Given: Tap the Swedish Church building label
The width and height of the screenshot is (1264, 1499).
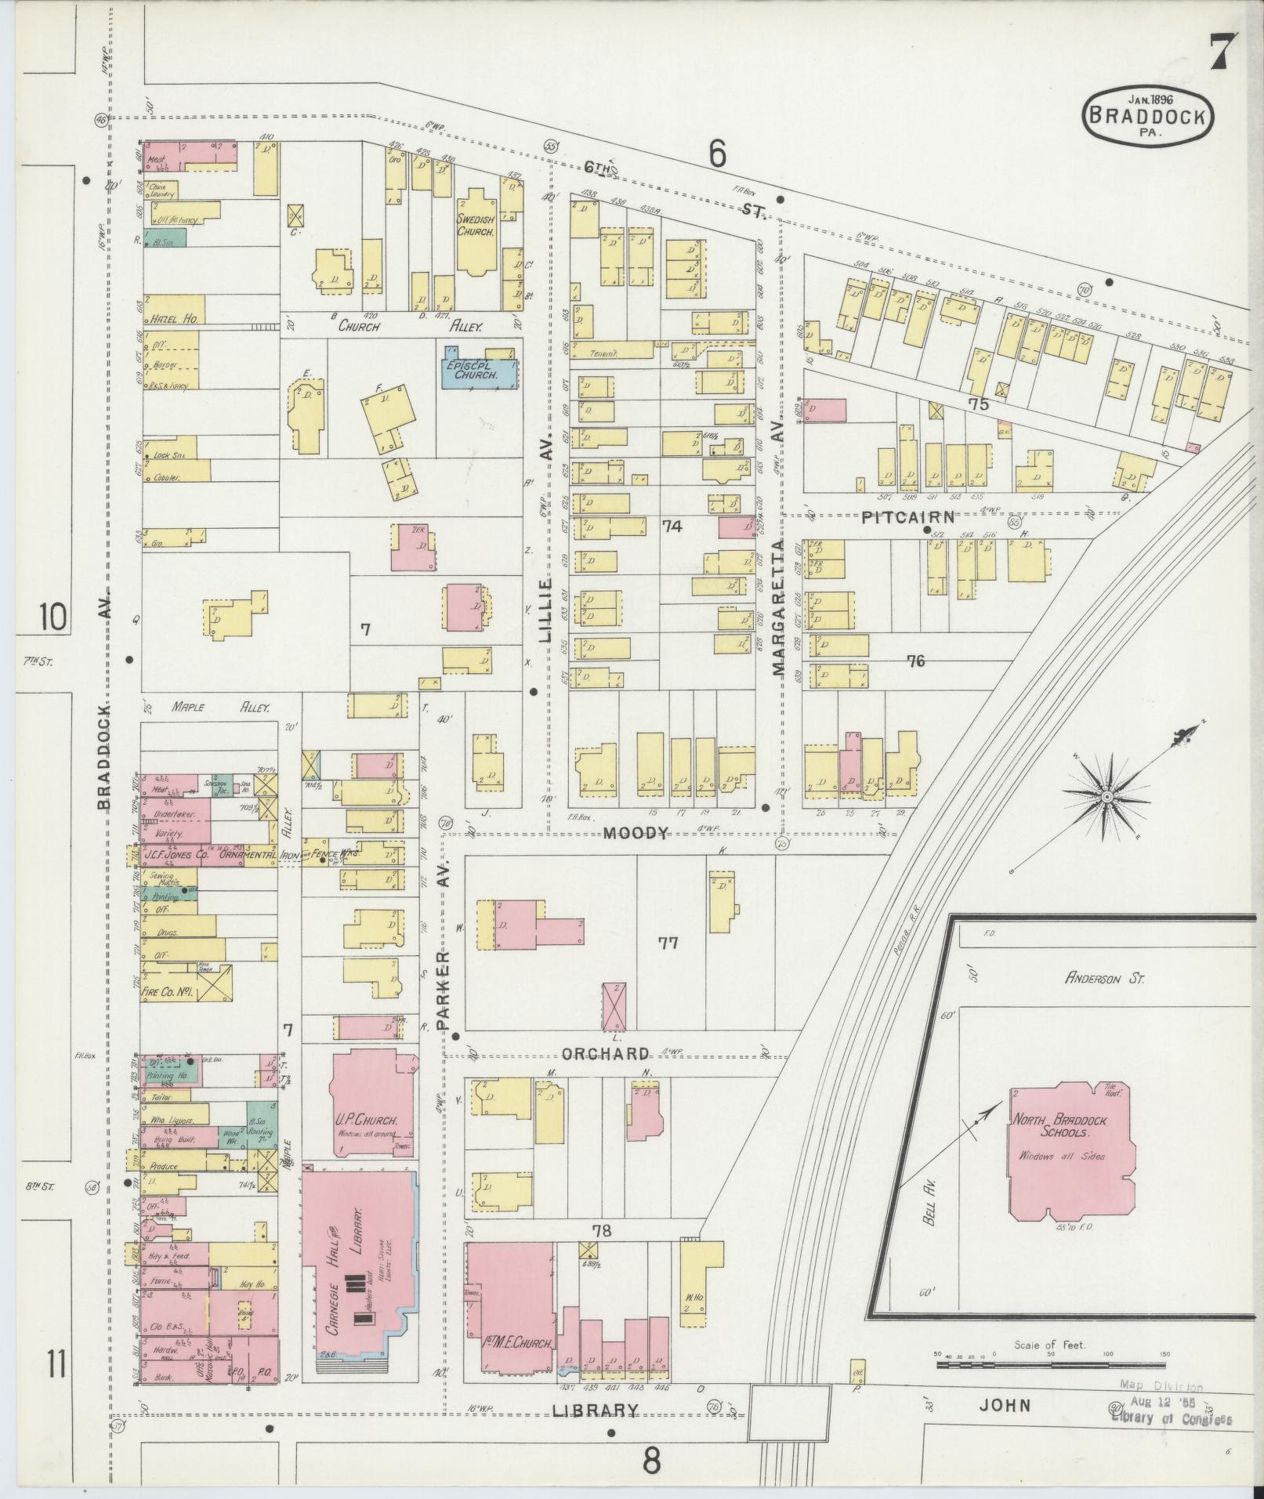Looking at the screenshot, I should click(476, 226).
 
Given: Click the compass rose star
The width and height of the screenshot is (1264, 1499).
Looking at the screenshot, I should click(1107, 797).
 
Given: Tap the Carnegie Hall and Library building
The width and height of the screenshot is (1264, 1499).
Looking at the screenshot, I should click(357, 1285).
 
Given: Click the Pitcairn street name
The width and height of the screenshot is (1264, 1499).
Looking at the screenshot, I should click(908, 517).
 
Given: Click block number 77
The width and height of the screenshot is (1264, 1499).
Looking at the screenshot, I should click(668, 943).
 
